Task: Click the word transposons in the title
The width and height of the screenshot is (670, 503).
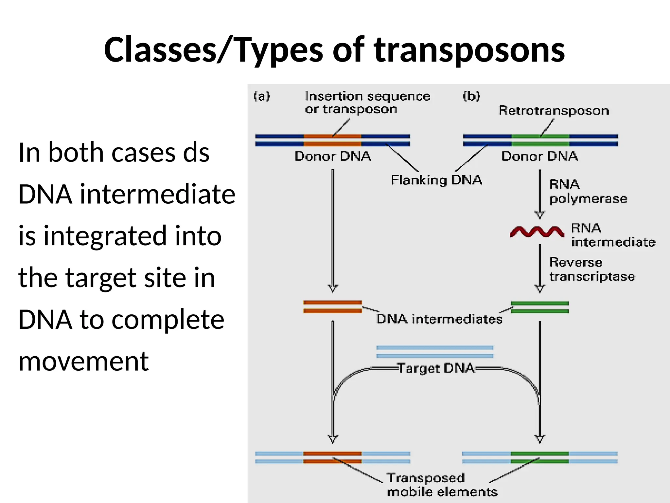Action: (469, 50)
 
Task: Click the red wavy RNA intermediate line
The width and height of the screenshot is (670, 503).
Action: (537, 232)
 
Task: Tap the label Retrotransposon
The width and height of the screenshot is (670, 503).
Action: (554, 110)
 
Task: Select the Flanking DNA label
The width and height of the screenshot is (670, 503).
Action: (436, 180)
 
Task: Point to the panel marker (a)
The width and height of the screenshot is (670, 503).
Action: (262, 96)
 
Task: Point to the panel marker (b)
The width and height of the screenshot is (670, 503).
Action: (471, 96)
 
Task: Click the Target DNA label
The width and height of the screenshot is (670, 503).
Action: (436, 368)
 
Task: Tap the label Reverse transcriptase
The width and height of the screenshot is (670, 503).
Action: (591, 269)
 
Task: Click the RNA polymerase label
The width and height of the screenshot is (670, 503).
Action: (588, 191)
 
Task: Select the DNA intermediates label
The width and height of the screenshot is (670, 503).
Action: (439, 319)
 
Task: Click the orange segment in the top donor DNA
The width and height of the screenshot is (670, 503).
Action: (332, 140)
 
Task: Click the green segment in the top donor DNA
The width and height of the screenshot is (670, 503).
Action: (540, 140)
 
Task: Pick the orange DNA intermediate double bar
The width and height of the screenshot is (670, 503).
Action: (332, 307)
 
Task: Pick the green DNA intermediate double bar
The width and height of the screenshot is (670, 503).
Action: (540, 307)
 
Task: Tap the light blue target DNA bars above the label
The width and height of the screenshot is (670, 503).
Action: (435, 351)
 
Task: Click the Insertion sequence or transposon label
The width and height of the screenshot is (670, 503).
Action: (367, 102)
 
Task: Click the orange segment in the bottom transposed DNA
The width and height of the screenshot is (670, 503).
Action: (332, 457)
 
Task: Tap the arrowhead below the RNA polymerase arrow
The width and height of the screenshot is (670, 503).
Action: (539, 215)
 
